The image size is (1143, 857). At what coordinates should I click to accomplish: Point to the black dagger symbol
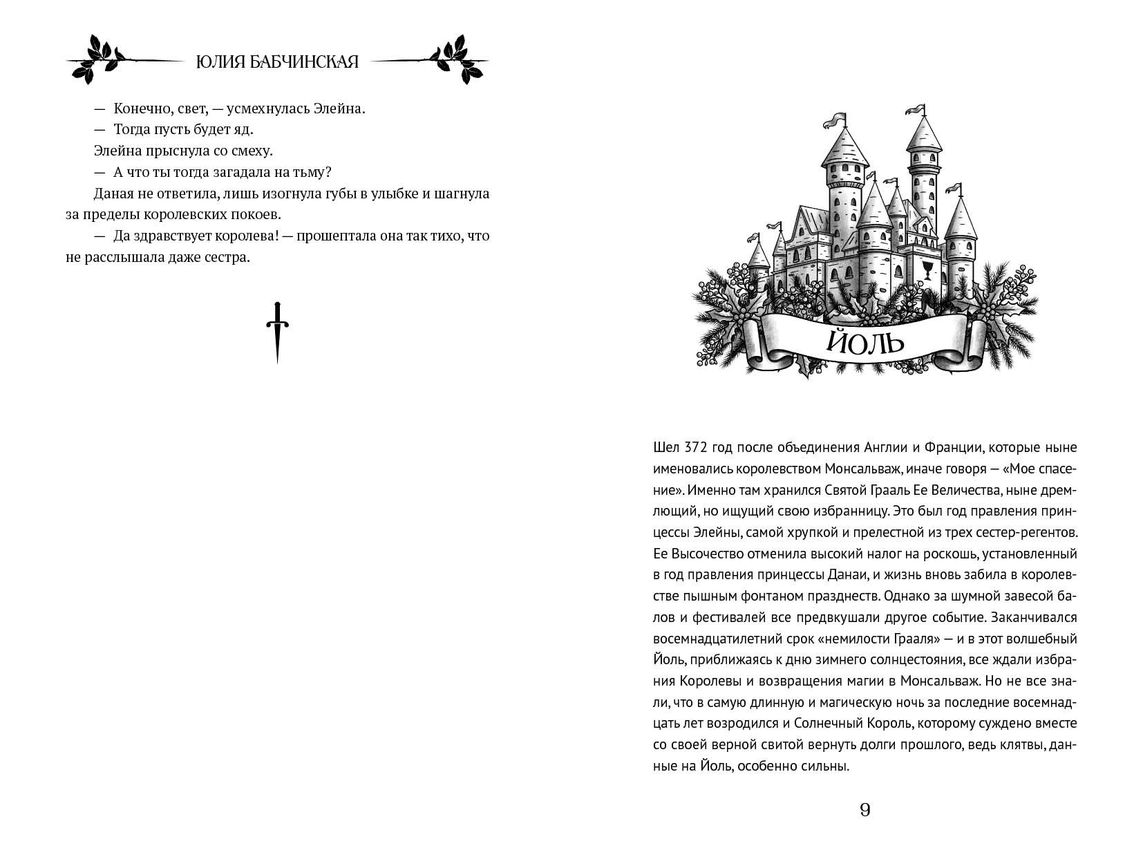pos(277,332)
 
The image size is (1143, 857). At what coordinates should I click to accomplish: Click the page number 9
pos(865,810)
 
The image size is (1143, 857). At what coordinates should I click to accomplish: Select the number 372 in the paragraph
pos(700,447)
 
